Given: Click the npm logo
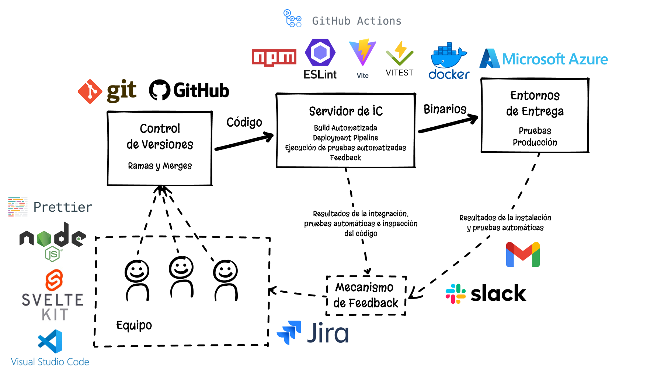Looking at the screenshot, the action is click(274, 58).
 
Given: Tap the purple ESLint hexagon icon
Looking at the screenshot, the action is click(320, 53).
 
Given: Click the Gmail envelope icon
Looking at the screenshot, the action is click(523, 254).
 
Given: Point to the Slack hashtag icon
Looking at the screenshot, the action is click(456, 293).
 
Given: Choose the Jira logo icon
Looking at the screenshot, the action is click(289, 332).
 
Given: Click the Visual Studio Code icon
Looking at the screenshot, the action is click(50, 341).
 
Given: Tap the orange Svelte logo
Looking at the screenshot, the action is click(54, 280).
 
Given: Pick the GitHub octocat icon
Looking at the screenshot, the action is click(160, 90).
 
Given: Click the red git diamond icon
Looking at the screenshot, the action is click(90, 91).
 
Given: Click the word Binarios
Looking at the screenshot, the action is click(445, 109).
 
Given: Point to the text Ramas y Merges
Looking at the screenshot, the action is click(160, 166).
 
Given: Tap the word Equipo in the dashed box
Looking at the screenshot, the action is click(134, 325).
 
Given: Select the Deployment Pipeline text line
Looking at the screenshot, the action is click(345, 138).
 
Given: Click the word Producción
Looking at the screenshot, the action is click(535, 142).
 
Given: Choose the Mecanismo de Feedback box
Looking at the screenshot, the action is click(366, 296).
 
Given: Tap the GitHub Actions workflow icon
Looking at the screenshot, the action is click(292, 18).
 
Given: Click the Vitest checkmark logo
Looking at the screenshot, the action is click(400, 53).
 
